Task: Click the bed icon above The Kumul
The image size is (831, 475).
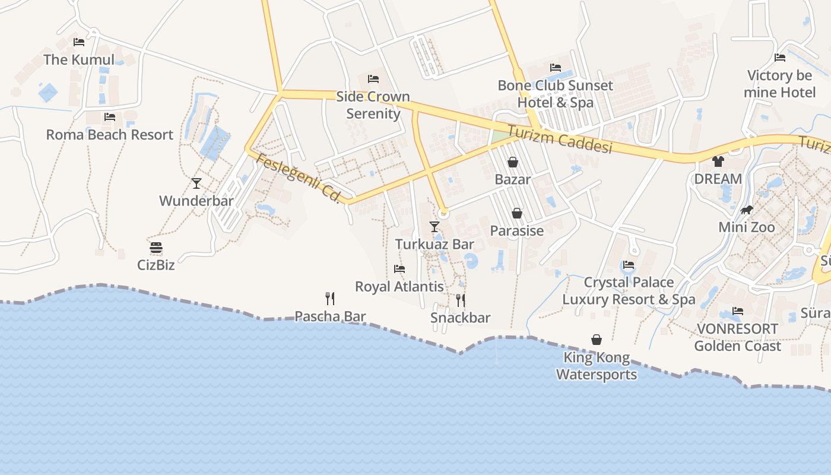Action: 79,42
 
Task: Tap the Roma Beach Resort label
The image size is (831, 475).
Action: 110,135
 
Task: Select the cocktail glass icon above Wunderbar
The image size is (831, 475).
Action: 196,183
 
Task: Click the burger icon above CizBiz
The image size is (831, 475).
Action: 156,248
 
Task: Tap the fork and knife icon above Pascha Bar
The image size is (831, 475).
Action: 330,298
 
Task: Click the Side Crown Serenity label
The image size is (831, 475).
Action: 373,105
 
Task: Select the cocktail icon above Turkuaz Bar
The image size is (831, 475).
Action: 434,227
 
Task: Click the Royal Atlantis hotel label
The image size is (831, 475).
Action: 399,286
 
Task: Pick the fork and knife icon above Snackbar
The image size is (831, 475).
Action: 461,300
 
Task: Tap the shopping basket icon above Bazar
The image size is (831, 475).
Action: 513,162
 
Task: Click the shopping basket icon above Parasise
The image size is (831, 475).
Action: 517,213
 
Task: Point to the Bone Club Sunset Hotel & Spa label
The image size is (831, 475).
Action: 556,94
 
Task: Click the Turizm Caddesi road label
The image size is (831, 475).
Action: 560,139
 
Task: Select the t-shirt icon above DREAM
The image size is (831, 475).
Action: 718,161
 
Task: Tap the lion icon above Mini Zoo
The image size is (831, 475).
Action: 747,210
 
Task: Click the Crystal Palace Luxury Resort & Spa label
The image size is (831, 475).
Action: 629,290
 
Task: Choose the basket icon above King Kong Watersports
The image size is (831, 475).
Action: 597,340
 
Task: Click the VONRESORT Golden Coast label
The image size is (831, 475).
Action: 737,337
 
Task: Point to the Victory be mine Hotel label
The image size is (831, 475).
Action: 780,84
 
